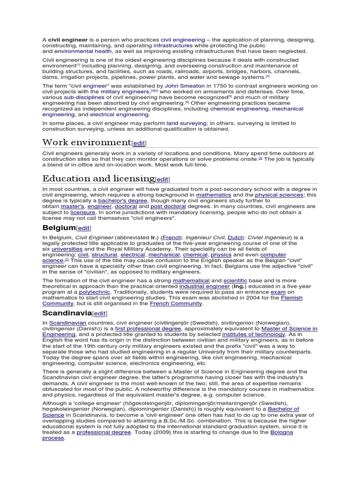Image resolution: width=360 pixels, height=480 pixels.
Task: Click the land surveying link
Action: [x=186, y=123]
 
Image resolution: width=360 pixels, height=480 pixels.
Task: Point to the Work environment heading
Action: [x=86, y=142]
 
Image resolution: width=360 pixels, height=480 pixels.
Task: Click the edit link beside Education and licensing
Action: [x=162, y=180]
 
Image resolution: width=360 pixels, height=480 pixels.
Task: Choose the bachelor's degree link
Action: [x=117, y=200]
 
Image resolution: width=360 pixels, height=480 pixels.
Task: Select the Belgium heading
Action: [x=59, y=228]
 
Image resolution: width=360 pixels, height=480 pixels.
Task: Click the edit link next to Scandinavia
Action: [x=100, y=314]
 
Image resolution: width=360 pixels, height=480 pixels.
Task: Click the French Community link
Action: [x=176, y=304]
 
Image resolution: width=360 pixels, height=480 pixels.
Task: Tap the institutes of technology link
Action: [x=247, y=335]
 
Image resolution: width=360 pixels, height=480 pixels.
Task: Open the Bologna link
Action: [x=281, y=432]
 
